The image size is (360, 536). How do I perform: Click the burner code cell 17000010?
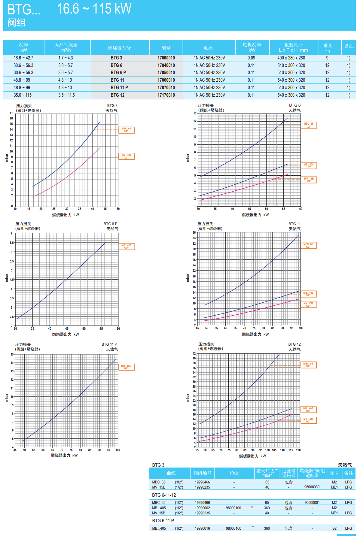point(166,58)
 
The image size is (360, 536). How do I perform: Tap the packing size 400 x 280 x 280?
point(291,58)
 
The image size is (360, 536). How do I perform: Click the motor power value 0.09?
point(251,58)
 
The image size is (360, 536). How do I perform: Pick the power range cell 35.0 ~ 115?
point(23,95)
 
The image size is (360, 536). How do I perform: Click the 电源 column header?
point(208,48)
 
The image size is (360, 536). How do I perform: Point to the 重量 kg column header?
point(328,48)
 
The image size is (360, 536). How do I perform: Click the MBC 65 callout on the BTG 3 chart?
point(126,130)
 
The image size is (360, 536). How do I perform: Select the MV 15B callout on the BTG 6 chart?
point(309,180)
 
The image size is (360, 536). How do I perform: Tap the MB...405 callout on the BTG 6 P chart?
point(127,247)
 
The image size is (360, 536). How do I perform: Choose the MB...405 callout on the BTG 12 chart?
point(308,410)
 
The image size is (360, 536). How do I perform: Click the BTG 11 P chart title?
point(109,344)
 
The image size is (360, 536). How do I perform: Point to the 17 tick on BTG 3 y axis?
point(11,113)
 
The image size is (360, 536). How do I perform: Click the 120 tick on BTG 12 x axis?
point(298,450)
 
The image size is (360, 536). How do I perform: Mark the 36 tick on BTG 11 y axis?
point(194,232)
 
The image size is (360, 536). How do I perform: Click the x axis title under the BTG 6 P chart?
point(66,334)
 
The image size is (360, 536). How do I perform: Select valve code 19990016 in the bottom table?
point(202,528)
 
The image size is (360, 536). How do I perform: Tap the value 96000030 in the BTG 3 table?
point(312,487)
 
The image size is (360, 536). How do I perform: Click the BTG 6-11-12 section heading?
point(164,495)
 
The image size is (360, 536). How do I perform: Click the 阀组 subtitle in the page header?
point(17,23)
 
